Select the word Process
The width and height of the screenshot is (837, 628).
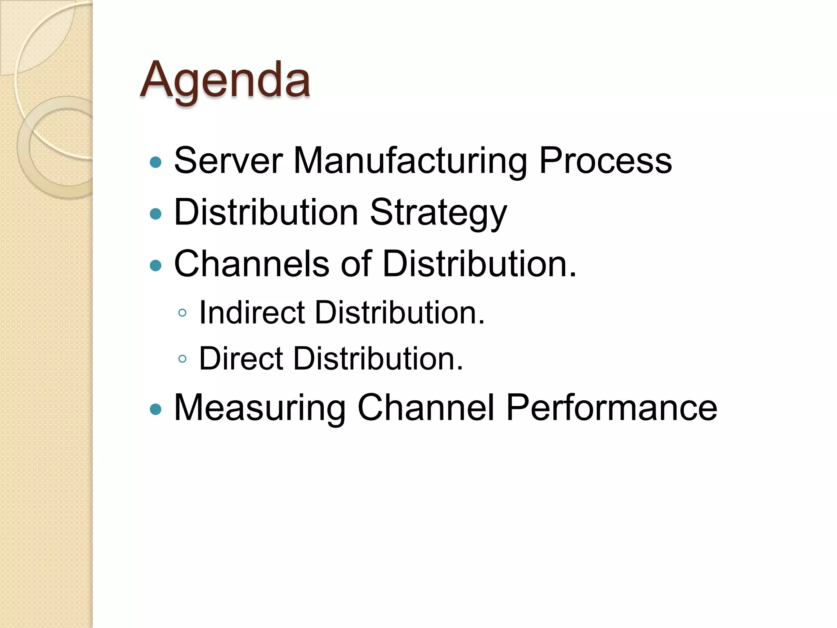pyautogui.click(x=605, y=161)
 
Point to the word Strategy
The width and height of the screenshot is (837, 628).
pyautogui.click(x=439, y=213)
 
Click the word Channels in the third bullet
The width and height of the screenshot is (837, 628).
pyautogui.click(x=251, y=264)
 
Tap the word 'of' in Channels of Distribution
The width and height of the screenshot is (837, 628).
pyautogui.click(x=356, y=264)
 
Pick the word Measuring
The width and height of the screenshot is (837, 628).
pyautogui.click(x=260, y=408)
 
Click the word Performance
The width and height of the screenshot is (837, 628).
pyautogui.click(x=611, y=408)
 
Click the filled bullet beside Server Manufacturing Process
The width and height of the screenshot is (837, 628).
pyautogui.click(x=156, y=162)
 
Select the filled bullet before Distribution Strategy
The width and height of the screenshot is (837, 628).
pyautogui.click(x=156, y=214)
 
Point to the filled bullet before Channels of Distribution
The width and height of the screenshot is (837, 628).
pyautogui.click(x=156, y=266)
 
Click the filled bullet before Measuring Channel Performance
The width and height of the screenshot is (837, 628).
pyautogui.click(x=156, y=409)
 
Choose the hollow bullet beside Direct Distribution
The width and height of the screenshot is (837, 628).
pyautogui.click(x=183, y=359)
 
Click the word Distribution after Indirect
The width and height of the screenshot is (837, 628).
pyautogui.click(x=399, y=313)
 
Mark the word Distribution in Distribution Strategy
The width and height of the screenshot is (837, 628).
pyautogui.click(x=266, y=213)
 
